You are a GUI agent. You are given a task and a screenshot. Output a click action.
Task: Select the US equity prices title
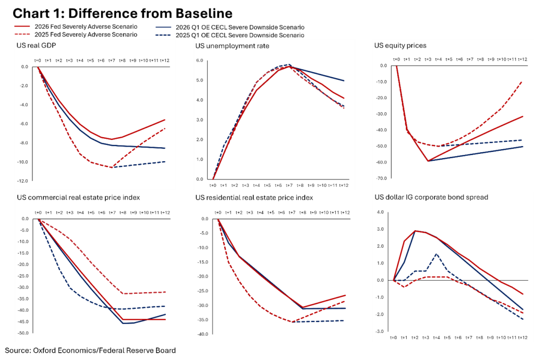pyautogui.click(x=400, y=45)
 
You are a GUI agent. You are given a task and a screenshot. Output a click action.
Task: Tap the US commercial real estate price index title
pyautogui.click(x=78, y=198)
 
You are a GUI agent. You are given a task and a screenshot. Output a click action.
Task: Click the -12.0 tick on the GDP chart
pyautogui.click(x=24, y=181)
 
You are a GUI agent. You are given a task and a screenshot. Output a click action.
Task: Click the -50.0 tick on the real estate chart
pyautogui.click(x=23, y=333)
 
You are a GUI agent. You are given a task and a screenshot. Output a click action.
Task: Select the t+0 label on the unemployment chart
pyautogui.click(x=213, y=185)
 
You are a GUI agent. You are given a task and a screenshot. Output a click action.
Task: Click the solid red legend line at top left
pyautogui.click(x=23, y=26)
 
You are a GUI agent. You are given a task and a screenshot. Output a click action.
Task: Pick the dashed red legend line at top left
pyautogui.click(x=23, y=33)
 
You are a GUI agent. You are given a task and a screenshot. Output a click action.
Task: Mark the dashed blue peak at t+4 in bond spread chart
pyautogui.click(x=436, y=254)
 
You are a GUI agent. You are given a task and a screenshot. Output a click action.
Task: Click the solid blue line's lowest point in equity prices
pyautogui.click(x=428, y=161)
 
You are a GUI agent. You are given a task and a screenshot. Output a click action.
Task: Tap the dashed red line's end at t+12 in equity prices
pyautogui.click(x=523, y=81)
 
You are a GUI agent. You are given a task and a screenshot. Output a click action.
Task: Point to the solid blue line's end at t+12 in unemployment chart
pyautogui.click(x=344, y=81)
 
